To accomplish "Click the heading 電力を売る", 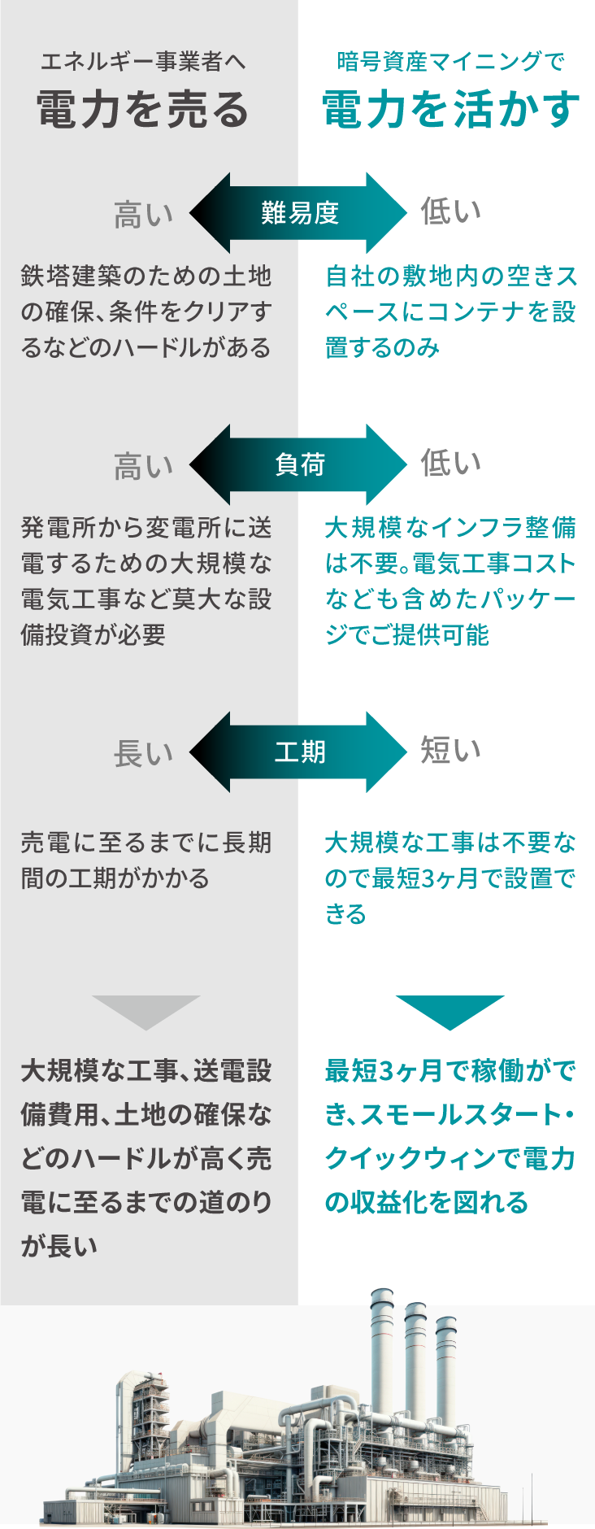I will coord(143,109).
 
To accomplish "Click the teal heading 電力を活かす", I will coord(451,109).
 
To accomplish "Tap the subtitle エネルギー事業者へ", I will coord(143,61).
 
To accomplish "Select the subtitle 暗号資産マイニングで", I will coord(451,61).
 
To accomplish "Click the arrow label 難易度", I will coord(299,213).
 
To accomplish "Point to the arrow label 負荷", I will coord(299,464).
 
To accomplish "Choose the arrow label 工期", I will coord(299,752).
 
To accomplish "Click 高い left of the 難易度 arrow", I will coord(143,216).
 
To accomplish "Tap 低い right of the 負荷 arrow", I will coord(450,463).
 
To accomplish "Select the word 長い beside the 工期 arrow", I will coord(143,754).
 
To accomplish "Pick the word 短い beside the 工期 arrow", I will coord(450,750).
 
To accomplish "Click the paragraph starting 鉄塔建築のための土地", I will coord(146,311).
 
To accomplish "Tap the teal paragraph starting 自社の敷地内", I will coord(450,311).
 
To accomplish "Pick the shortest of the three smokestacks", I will coord(445,1374).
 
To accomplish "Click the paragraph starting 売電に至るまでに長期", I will coord(146,860).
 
